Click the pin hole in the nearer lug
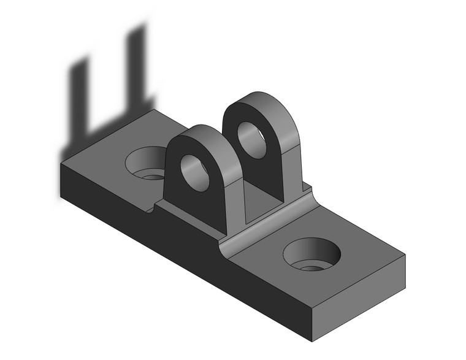[x=195, y=171]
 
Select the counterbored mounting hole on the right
[x=311, y=254]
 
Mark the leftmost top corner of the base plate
[x=61, y=164]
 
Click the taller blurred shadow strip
[x=136, y=67]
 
